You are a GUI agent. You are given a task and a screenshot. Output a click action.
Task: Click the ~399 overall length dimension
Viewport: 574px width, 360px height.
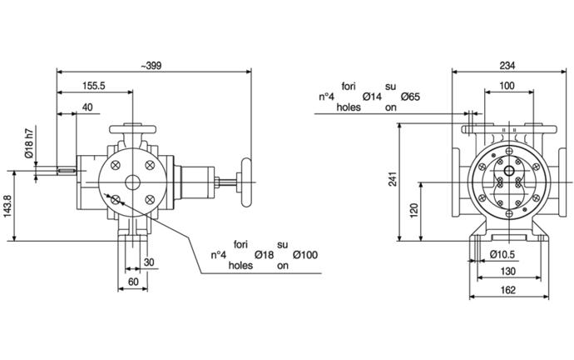pyautogui.click(x=151, y=66)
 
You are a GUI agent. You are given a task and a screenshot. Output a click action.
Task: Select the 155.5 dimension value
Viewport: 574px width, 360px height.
pyautogui.click(x=94, y=86)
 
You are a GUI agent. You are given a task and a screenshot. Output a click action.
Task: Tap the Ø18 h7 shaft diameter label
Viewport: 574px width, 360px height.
pyautogui.click(x=29, y=142)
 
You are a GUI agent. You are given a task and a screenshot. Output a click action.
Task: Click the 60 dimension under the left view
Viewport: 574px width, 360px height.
pyautogui.click(x=133, y=282)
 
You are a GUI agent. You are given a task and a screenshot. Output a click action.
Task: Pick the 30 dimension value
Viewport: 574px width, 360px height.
pyautogui.click(x=149, y=262)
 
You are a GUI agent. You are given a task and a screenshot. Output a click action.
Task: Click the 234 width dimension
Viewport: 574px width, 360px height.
pyautogui.click(x=507, y=66)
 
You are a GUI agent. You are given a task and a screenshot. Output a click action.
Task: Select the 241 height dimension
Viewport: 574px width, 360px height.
pyautogui.click(x=393, y=179)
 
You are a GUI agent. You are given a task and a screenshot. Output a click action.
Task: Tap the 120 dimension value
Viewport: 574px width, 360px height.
pyautogui.click(x=413, y=211)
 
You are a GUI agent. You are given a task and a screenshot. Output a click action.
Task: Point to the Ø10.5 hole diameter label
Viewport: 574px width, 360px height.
pyautogui.click(x=502, y=254)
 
